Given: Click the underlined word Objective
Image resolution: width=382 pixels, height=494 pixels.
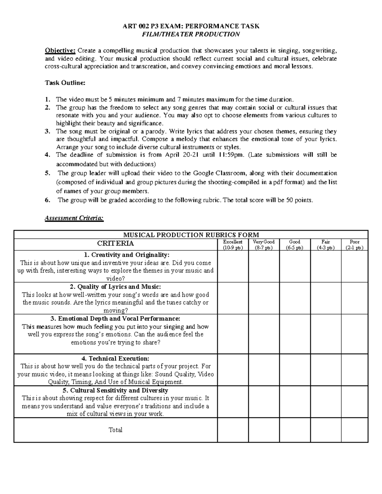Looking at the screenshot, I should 60,50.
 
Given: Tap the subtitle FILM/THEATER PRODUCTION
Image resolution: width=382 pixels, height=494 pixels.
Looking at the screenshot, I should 191,34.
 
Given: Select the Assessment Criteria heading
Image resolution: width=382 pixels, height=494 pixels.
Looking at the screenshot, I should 74,218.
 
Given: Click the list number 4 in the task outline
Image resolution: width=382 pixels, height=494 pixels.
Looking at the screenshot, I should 47,155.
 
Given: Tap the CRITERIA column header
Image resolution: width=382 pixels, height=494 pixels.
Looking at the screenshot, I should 115,244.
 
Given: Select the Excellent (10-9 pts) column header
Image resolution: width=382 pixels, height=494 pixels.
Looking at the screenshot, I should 233,245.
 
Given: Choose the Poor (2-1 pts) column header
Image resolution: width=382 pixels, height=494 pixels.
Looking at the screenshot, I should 354,245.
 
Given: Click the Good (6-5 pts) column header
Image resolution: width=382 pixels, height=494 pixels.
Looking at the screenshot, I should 294,245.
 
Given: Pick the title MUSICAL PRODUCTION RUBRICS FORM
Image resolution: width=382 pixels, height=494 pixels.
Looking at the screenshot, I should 191,235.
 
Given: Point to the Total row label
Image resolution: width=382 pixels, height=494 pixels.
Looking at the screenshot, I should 115,430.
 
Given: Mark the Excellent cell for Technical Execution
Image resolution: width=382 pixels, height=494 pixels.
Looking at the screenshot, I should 233,370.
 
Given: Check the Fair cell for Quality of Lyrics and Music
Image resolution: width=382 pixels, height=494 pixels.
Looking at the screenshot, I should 326,298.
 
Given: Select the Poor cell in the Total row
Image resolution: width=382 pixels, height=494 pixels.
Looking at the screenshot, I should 354,430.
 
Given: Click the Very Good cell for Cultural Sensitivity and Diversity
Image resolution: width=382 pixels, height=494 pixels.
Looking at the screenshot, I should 264,402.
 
